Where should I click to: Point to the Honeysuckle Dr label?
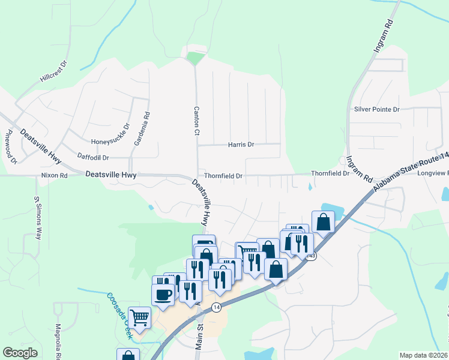point(110,142)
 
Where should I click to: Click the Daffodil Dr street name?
point(93,157)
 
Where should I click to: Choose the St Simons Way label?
point(38,218)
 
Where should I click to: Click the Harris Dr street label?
point(241,145)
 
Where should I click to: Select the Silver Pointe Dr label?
point(376,109)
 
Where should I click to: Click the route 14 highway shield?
point(216,307)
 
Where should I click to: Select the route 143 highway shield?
point(310,256)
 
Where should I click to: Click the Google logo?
point(20,353)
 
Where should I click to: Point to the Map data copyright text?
point(424,355)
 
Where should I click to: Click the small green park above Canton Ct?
point(195,59)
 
